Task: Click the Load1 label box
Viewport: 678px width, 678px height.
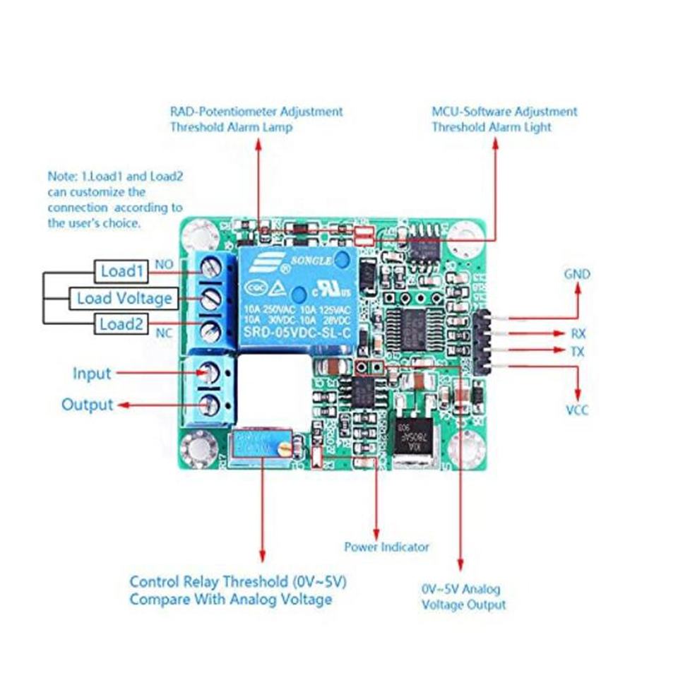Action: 122,270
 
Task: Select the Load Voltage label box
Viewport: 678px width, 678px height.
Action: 124,298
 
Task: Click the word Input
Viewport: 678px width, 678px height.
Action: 92,374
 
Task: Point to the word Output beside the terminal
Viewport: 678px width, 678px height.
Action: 87,405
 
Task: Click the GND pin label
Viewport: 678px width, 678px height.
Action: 577,274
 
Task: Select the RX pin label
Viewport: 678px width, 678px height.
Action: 578,333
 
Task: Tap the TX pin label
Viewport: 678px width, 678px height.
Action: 578,351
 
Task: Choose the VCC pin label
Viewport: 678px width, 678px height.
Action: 577,410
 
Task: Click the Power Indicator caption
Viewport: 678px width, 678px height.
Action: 386,547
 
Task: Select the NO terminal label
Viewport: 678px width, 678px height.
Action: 164,264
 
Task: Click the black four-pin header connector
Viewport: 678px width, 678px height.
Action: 483,342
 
